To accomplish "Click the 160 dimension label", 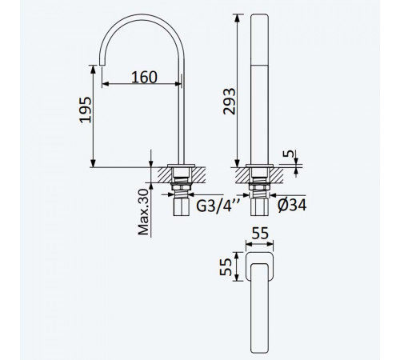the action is click(144, 77).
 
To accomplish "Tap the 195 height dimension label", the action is click(86, 110).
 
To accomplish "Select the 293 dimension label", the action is click(230, 102).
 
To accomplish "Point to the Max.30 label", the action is click(143, 212).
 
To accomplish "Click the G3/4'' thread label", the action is click(218, 206).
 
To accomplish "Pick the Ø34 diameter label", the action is click(292, 205).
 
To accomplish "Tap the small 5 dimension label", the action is click(289, 154).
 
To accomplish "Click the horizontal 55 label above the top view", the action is click(260, 234).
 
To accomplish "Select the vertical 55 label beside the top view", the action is click(226, 266).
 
